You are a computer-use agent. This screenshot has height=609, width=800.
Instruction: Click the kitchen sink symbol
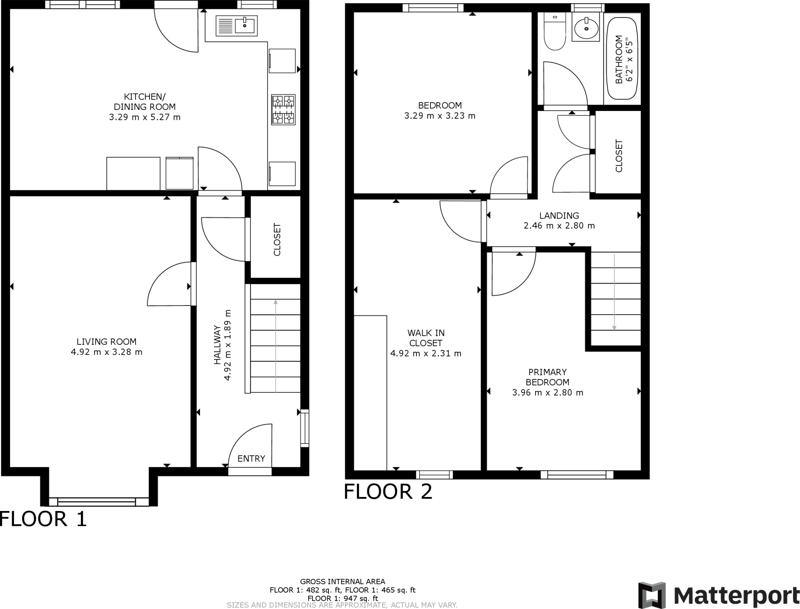click(x=236, y=26)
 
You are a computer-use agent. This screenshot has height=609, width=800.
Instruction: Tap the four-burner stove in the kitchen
click(x=283, y=109)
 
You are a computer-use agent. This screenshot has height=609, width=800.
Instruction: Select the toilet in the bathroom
click(x=555, y=33)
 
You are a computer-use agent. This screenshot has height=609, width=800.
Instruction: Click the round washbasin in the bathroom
click(x=586, y=27)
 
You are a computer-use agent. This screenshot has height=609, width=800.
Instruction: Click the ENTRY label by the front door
click(x=251, y=459)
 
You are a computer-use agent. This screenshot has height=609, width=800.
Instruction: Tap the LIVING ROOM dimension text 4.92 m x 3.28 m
click(x=106, y=352)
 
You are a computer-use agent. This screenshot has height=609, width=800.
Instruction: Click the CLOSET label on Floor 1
click(x=277, y=239)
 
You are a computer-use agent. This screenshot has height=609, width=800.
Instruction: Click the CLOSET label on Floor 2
click(x=619, y=156)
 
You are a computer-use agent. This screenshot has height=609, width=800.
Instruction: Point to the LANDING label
click(x=559, y=215)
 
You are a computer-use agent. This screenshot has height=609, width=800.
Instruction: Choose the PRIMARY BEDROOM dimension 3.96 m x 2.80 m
click(x=548, y=393)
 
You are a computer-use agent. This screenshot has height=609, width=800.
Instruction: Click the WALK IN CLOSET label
click(x=426, y=338)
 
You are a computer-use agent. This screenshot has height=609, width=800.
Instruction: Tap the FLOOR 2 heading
click(x=388, y=491)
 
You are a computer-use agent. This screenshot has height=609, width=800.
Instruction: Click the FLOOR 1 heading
click(x=43, y=519)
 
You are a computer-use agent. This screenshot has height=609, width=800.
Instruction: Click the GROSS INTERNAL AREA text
click(x=343, y=582)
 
